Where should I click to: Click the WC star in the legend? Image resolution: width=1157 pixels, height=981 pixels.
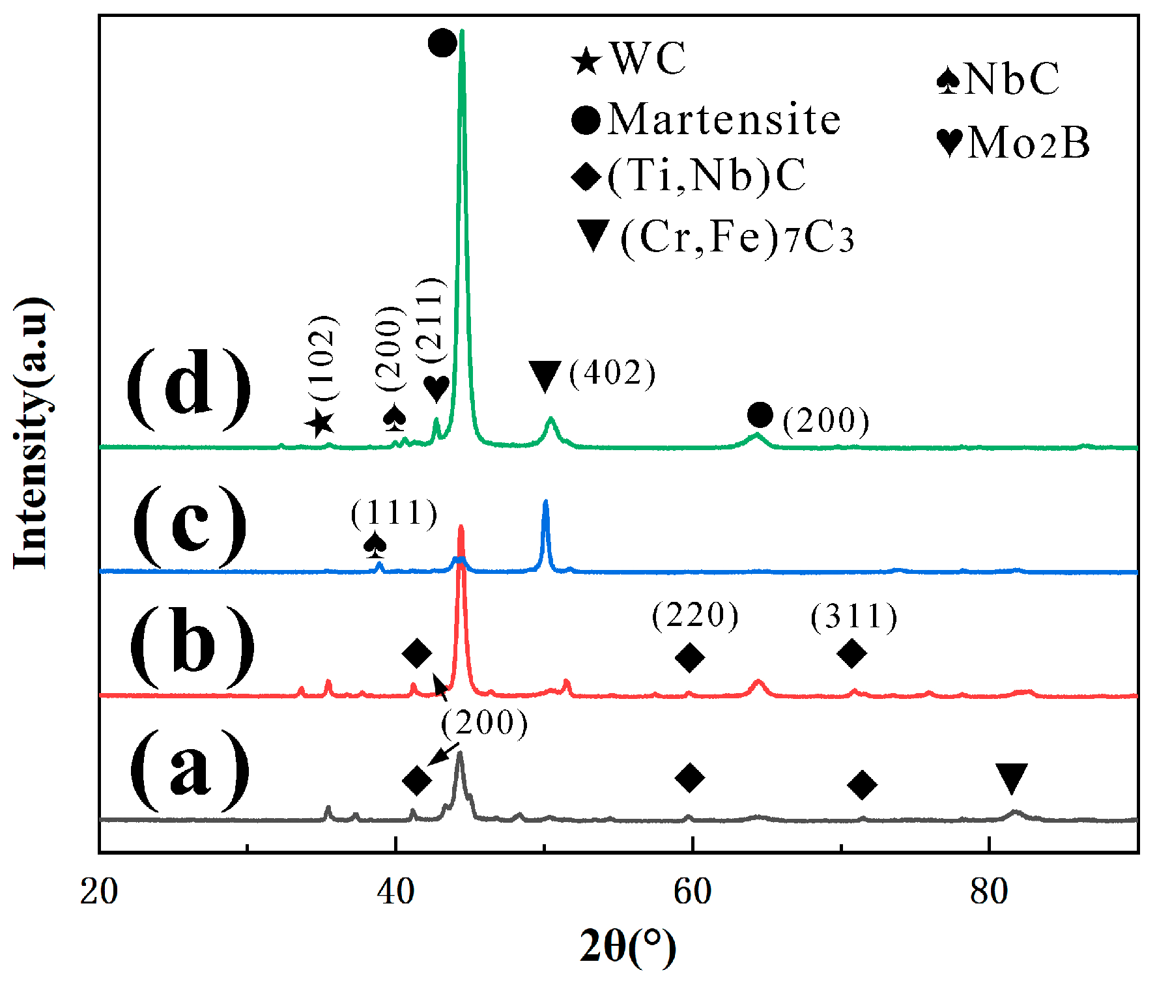click(586, 61)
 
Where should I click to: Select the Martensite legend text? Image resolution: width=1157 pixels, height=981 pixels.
click(724, 120)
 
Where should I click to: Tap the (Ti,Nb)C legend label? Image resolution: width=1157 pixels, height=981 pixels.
click(706, 176)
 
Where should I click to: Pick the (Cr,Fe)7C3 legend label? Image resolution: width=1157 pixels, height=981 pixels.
click(737, 237)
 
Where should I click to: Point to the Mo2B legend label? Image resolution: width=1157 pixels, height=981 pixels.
click(1028, 142)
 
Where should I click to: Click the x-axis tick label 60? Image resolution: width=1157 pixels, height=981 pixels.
click(692, 892)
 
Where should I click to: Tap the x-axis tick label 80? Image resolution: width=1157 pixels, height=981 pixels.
click(989, 892)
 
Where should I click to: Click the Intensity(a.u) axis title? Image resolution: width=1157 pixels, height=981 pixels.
click(31, 433)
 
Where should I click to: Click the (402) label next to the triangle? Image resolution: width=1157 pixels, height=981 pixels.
click(612, 373)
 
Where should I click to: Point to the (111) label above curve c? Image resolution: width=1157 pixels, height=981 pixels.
click(394, 513)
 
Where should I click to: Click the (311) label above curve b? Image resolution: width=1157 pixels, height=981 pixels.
click(854, 616)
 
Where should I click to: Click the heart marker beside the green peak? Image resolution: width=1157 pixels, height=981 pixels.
click(436, 389)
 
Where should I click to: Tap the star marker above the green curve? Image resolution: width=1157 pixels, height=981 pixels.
click(320, 424)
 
